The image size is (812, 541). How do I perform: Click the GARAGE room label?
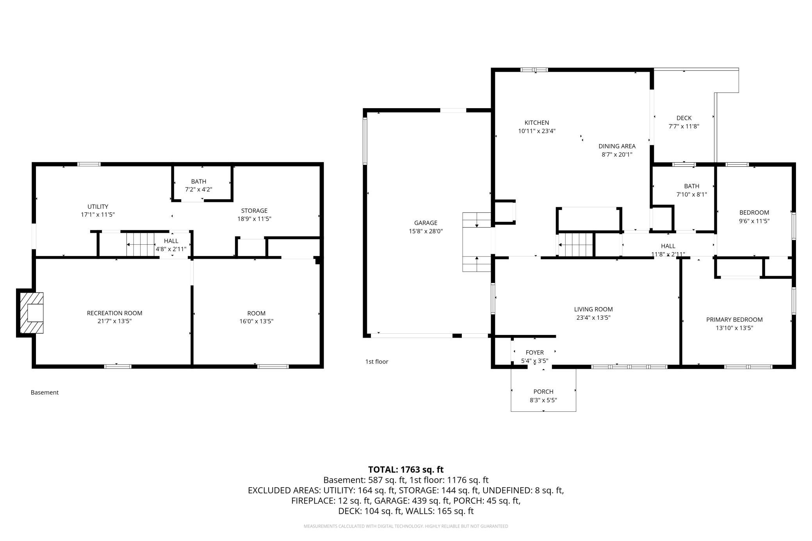(426, 223)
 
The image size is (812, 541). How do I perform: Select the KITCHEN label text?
(536, 123)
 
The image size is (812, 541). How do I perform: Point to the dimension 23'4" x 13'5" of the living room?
(593, 318)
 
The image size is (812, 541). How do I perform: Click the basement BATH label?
(199, 182)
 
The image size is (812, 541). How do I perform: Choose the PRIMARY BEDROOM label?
(734, 320)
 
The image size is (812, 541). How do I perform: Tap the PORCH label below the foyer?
(543, 392)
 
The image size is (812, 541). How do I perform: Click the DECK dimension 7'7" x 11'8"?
(684, 126)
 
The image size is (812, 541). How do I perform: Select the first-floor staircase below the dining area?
(576, 245)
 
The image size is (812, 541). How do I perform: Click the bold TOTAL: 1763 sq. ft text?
(406, 470)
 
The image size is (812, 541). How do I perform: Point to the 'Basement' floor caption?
(45, 393)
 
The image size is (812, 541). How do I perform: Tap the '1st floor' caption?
(377, 362)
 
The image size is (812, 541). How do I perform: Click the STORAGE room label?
(254, 211)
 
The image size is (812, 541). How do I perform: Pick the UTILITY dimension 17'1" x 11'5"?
(98, 215)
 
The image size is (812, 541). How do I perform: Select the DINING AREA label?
(617, 146)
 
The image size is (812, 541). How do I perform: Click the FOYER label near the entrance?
(534, 353)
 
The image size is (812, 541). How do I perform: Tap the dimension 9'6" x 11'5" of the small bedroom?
(754, 221)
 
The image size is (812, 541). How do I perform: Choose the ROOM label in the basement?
(256, 313)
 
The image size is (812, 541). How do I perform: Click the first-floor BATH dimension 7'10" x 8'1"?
(691, 194)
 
